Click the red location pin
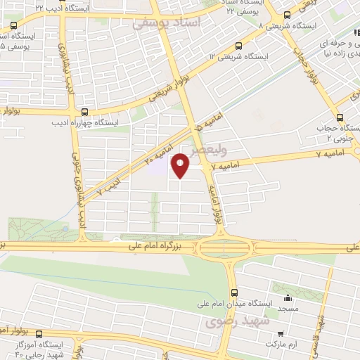pyautogui.click(x=181, y=166)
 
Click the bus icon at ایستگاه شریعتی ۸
pyautogui.click(x=286, y=14)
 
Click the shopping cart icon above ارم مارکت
pyautogui.click(x=281, y=333)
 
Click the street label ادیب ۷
pyautogui.click(x=108, y=186)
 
